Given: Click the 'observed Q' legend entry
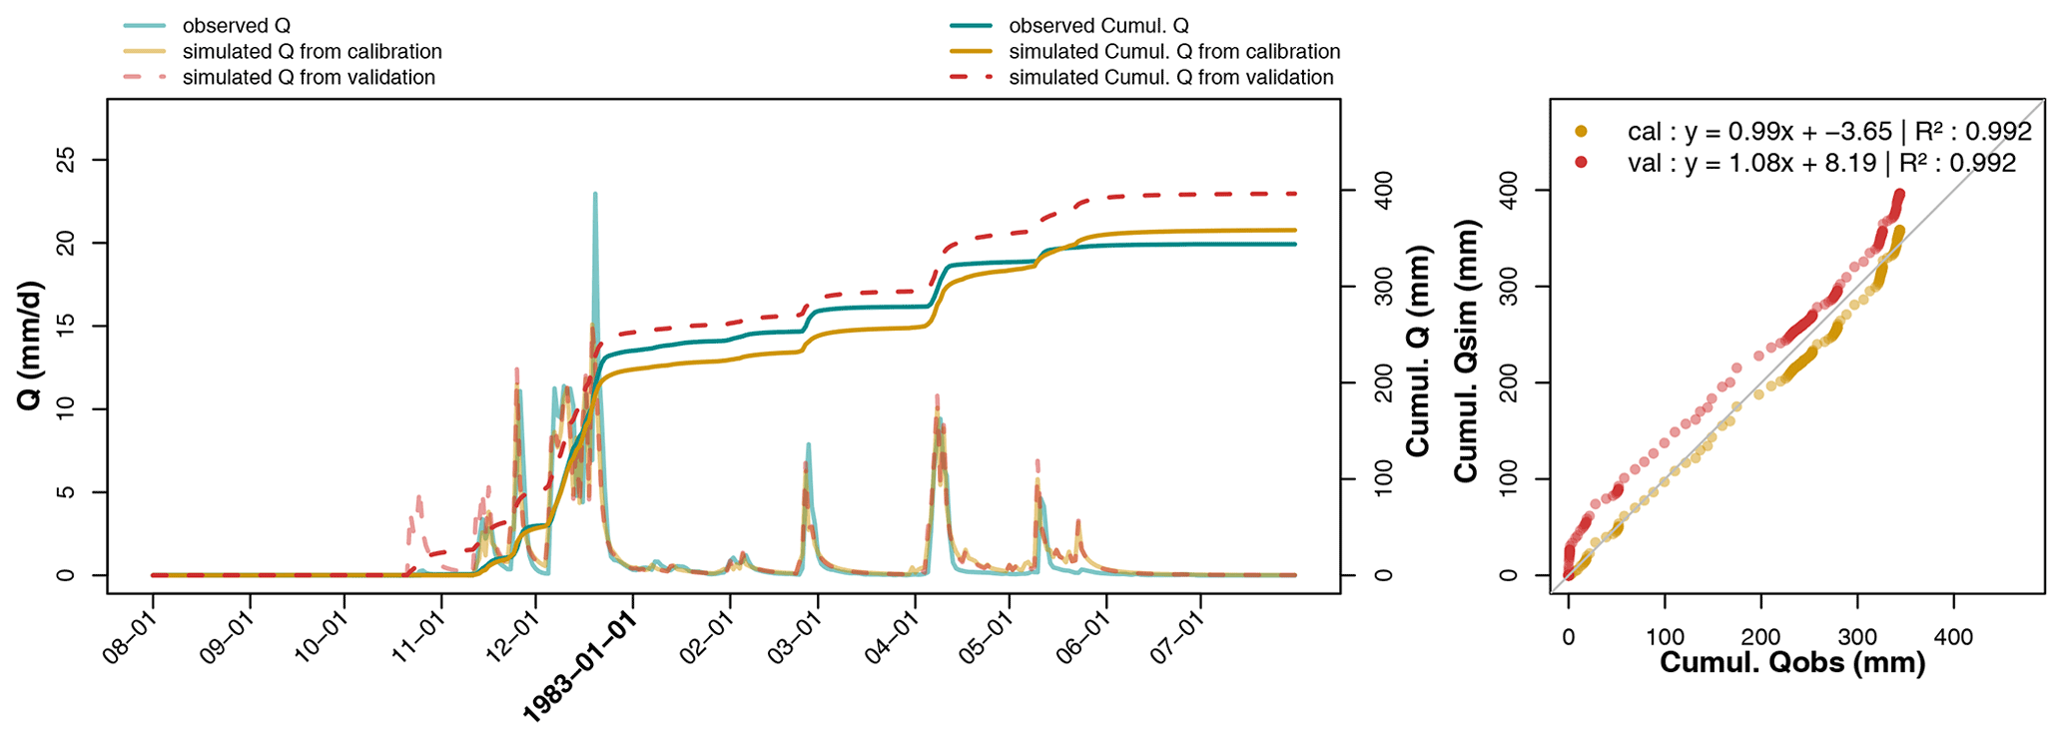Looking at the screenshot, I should click(236, 26).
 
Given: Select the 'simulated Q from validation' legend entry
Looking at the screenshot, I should click(308, 78).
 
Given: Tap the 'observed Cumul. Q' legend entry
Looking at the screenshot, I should click(1098, 26).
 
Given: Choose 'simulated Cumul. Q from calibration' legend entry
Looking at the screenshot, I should click(1174, 52).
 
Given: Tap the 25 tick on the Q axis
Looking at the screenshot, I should click(66, 160).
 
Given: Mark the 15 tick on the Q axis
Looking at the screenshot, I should click(66, 326).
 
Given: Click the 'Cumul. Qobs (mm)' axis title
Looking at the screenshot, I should click(1792, 662).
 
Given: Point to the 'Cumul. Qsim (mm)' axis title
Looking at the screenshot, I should click(1466, 351).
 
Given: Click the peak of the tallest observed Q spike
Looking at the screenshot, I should click(595, 194).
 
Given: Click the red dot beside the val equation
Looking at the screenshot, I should click(1581, 163).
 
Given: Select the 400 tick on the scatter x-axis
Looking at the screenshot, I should click(1952, 637).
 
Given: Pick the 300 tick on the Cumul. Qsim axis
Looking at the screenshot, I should click(1509, 287).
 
